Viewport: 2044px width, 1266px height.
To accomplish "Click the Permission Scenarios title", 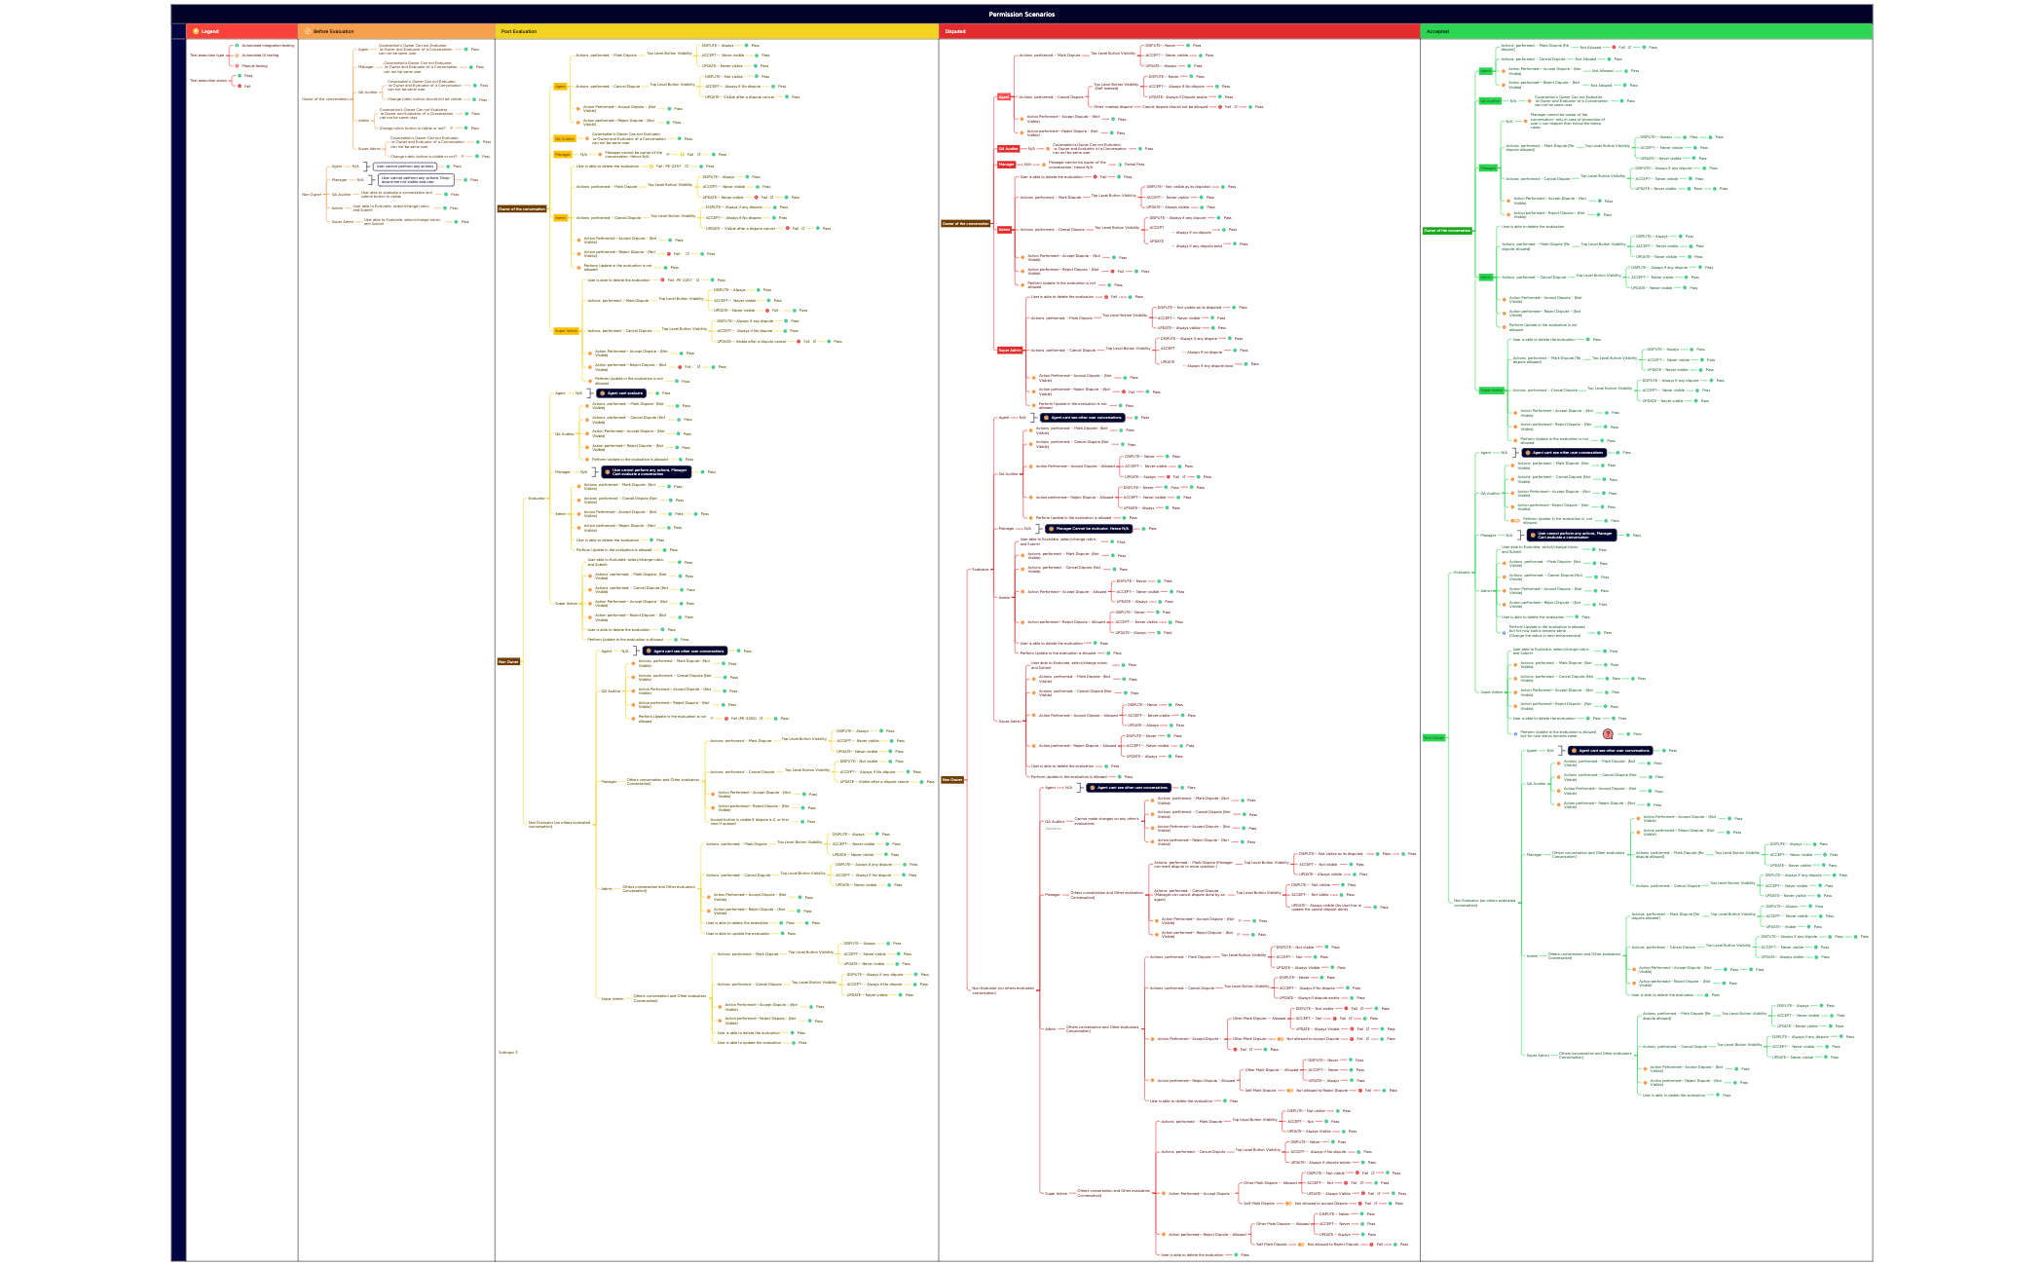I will coord(1022,14).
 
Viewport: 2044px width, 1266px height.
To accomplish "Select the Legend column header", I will coord(209,31).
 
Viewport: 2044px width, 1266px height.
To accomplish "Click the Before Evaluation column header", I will coord(333,31).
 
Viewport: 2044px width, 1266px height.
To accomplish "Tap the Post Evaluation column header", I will coord(519,31).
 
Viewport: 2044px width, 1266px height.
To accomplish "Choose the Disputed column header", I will coord(955,31).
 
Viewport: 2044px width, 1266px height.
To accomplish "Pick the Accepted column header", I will coord(1437,31).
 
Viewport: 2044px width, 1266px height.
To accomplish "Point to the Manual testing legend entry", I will coord(254,66).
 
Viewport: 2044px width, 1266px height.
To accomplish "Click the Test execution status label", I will coord(207,81).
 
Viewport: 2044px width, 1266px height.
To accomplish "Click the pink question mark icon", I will coord(1608,734).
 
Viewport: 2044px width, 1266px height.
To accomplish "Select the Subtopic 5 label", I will coord(508,1052).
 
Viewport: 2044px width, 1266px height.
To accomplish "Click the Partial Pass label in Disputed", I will coord(1133,165).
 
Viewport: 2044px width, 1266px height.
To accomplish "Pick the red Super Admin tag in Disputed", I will coord(1010,351).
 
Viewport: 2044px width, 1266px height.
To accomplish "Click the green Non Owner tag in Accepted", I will coord(1433,737).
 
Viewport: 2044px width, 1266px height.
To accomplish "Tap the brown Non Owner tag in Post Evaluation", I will coord(508,661).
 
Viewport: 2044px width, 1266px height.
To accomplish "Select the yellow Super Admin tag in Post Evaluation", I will coord(566,331).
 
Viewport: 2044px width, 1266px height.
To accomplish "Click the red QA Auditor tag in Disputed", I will coord(1008,149).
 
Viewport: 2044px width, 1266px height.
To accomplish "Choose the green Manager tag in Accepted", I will coord(1488,168).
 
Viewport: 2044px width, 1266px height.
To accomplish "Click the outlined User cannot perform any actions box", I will coord(403,167).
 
